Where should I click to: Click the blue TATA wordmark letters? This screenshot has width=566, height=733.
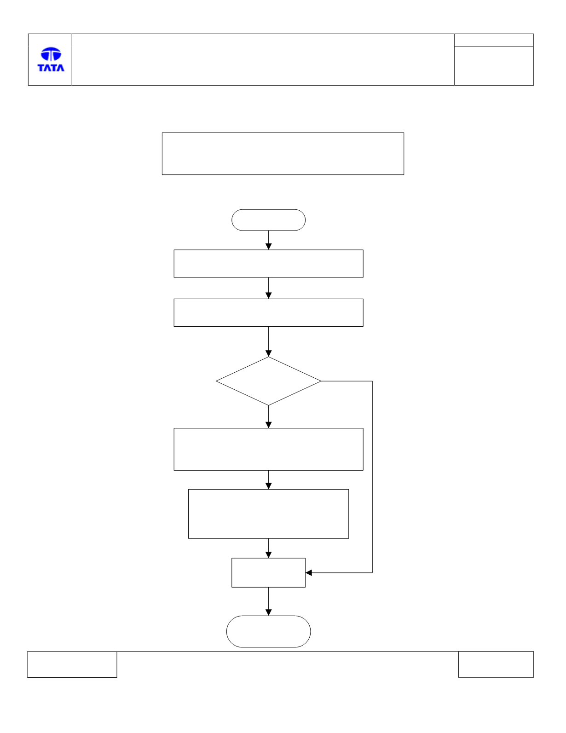click(x=51, y=68)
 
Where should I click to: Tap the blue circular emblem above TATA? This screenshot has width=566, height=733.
click(x=51, y=54)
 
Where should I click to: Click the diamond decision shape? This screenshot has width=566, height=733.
click(x=268, y=381)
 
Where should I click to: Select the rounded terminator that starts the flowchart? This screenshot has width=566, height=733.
click(x=268, y=220)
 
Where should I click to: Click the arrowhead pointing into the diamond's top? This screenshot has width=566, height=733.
click(x=268, y=353)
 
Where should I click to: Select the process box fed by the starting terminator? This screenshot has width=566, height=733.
click(x=268, y=264)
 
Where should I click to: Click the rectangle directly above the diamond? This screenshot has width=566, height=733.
click(x=268, y=312)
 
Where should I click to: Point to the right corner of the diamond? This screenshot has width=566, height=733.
click(x=321, y=381)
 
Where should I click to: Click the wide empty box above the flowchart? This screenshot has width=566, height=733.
click(x=283, y=154)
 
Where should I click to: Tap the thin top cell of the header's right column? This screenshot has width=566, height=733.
click(x=494, y=40)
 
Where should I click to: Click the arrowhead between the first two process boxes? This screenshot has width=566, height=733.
click(x=268, y=295)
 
